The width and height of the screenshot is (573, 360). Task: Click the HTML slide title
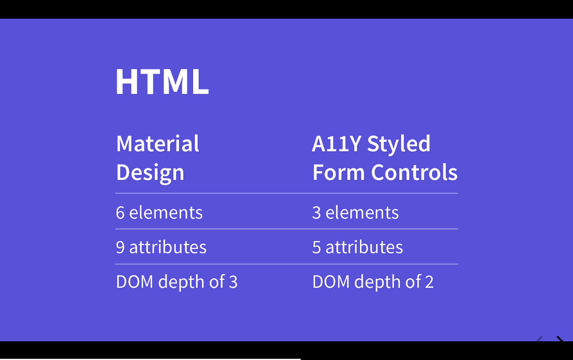162,81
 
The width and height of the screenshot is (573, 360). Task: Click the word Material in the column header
158,144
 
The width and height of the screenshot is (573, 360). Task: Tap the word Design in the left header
150,173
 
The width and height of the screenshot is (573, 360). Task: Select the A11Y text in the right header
337,144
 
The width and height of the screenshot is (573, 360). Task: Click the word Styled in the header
399,144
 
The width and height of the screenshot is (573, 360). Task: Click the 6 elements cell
159,213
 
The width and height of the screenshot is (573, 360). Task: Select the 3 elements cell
356,213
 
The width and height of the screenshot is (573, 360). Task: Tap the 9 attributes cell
161,247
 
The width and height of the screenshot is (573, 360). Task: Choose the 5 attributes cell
357,247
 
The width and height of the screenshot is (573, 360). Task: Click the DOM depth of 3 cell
176,282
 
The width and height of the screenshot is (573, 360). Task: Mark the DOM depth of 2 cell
373,282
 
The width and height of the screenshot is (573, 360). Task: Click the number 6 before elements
120,213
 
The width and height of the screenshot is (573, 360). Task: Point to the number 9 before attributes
120,247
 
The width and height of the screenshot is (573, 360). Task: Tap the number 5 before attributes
317,247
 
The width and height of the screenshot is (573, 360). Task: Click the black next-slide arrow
560,339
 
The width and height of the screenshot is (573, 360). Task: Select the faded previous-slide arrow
539,339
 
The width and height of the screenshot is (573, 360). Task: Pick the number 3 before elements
317,213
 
